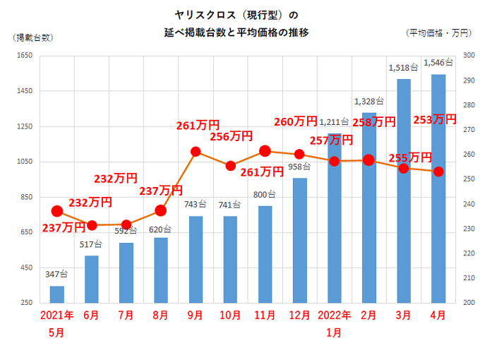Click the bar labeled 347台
point(57,294)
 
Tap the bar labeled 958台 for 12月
point(299,240)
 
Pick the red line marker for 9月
point(196,151)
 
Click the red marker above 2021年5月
point(57,211)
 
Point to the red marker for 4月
point(438,172)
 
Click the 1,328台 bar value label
point(368,101)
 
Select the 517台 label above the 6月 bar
point(92,244)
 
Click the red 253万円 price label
point(434,119)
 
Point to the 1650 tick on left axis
point(23,56)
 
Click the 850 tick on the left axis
point(25,197)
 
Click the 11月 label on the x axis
point(265,316)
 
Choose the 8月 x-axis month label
point(161,316)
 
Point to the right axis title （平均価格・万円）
point(438,33)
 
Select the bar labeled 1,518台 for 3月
point(403,191)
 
